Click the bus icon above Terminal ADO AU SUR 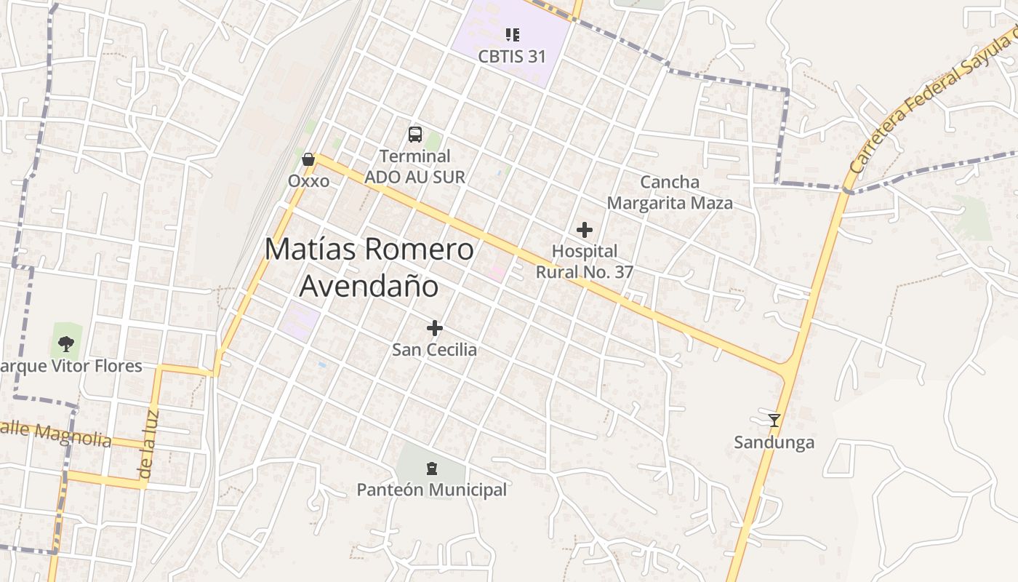point(414,135)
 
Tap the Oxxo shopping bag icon point(308,159)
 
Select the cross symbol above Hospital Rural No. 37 point(584,230)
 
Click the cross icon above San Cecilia point(435,328)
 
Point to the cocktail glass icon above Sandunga point(774,420)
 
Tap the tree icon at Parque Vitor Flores point(66,343)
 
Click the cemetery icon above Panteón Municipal point(432,468)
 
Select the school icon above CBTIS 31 point(512,35)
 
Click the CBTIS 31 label point(512,56)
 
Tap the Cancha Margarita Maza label point(670,192)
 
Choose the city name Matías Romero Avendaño point(369,267)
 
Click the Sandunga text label point(774,442)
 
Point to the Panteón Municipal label point(431,490)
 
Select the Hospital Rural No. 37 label point(585,261)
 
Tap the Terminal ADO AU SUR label point(414,167)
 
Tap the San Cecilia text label point(435,350)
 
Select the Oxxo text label point(308,180)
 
